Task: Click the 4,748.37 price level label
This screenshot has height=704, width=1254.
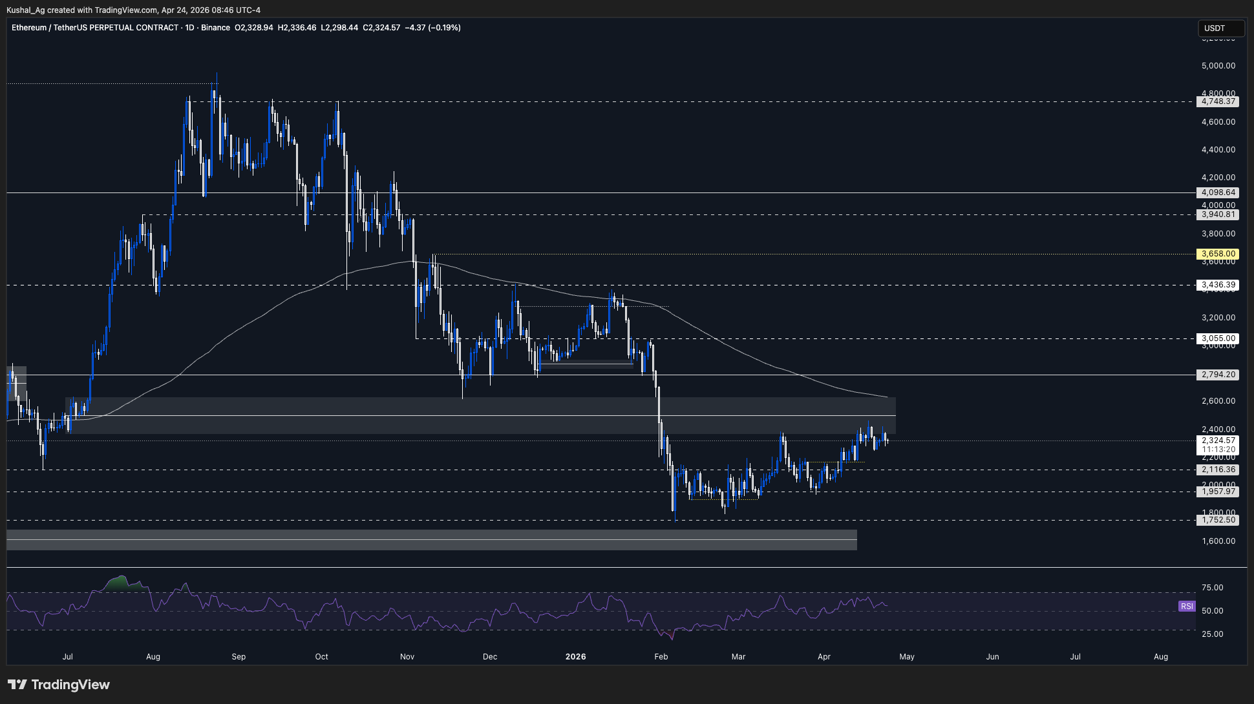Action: click(1218, 101)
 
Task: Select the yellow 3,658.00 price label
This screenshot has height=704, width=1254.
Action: click(1218, 254)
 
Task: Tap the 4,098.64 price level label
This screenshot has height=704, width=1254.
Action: click(1218, 192)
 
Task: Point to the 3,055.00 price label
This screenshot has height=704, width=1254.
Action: click(1218, 338)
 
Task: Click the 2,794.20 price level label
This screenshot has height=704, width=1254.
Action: click(1218, 375)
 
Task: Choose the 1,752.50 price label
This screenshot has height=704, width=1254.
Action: click(1218, 520)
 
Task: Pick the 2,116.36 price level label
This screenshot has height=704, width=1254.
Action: click(1218, 470)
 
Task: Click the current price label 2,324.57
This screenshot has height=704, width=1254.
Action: click(1218, 440)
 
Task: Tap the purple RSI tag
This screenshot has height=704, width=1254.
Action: click(1186, 606)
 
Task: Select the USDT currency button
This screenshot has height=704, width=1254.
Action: click(1220, 28)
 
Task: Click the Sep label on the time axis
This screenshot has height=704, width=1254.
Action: click(239, 657)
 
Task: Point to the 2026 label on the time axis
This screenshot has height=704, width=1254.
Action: click(575, 657)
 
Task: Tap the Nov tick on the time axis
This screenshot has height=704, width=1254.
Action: click(407, 657)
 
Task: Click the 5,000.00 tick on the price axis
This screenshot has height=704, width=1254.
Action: click(1218, 66)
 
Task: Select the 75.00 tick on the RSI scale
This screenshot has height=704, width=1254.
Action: click(1212, 588)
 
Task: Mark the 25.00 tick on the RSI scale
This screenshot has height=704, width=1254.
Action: click(1212, 634)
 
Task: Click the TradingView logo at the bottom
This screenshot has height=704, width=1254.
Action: click(59, 685)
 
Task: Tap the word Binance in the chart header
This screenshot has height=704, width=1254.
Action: click(215, 28)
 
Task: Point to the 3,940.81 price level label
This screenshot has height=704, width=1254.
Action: click(1218, 214)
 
